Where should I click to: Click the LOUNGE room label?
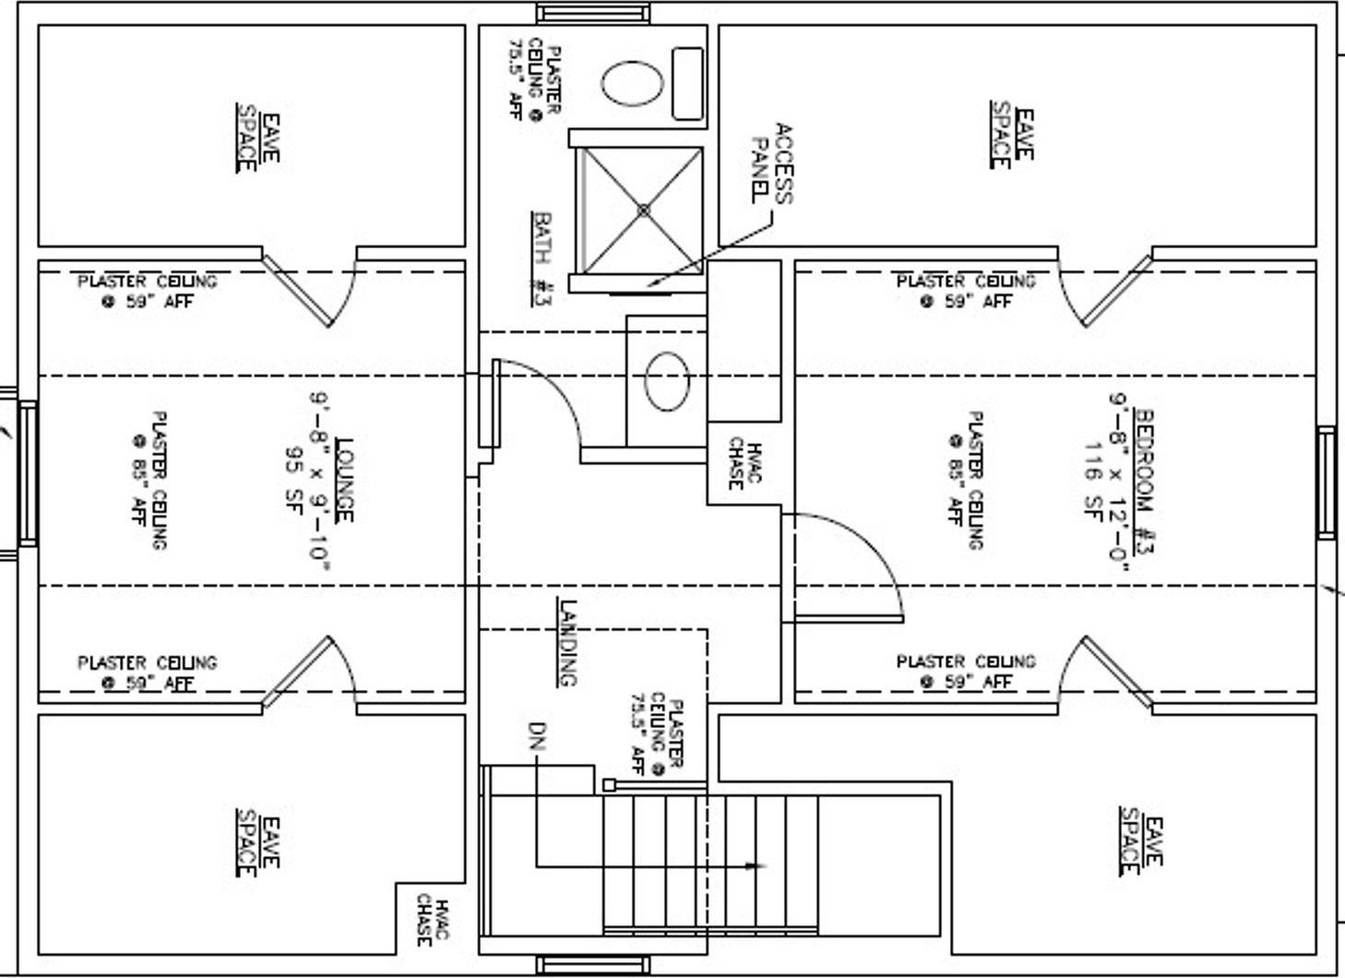[343, 480]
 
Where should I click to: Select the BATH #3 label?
[542, 258]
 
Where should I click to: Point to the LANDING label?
[567, 642]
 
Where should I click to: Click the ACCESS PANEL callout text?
[771, 163]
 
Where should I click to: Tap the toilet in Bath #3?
[633, 84]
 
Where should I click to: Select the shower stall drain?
[643, 210]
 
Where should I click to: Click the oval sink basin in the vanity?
[667, 381]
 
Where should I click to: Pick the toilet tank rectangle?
[687, 84]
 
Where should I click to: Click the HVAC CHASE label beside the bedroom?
[744, 463]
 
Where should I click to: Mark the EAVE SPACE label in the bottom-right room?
[1141, 841]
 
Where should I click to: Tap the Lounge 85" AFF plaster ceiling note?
[148, 480]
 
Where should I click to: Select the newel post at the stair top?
[609, 785]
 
